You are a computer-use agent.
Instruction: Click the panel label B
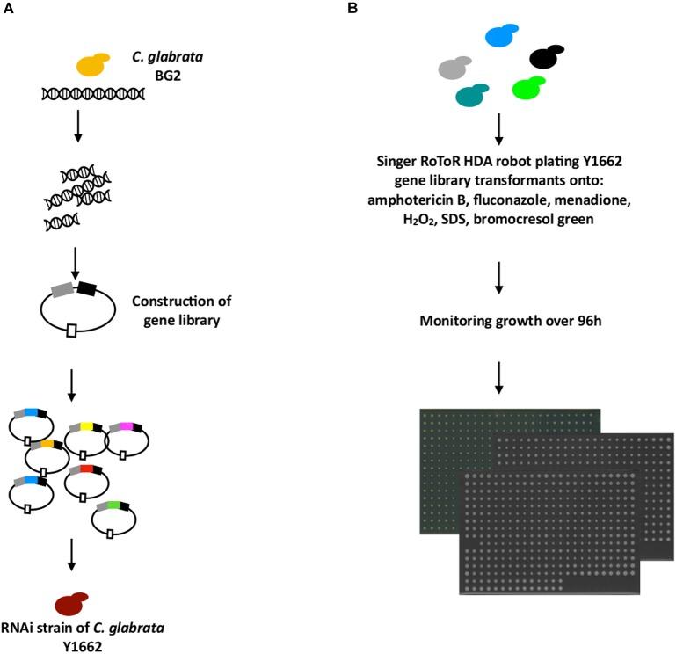coord(353,8)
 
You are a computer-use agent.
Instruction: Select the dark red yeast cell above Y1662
coord(72,604)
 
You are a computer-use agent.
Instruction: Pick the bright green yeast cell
coord(530,88)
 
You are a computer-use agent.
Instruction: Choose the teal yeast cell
coord(472,94)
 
